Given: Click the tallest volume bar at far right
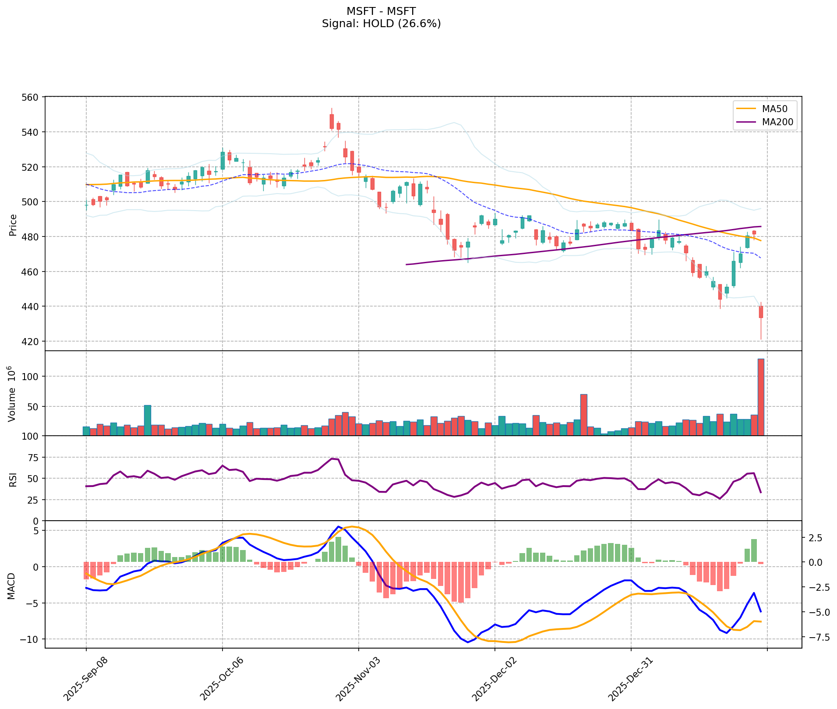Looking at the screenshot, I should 761,397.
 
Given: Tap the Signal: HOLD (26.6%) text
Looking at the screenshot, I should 381,24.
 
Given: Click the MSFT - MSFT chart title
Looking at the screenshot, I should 381,11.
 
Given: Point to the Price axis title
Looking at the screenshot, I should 13,225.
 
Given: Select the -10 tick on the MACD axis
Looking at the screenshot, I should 29,639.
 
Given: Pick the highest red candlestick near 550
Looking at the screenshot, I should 332,121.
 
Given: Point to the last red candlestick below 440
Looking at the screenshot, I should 761,312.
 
